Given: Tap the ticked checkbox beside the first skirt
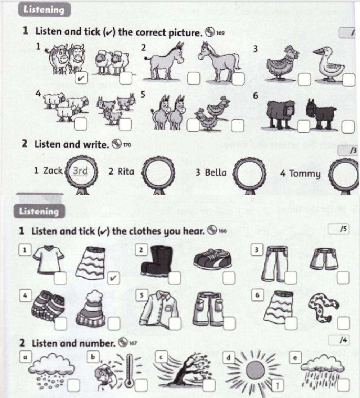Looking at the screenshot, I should click(x=113, y=278).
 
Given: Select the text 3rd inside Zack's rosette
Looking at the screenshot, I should click(x=80, y=171).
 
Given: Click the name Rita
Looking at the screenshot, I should click(x=121, y=172).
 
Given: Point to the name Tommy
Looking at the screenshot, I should click(x=300, y=174).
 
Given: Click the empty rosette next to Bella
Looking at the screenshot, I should click(x=250, y=173).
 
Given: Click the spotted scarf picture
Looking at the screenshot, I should click(x=323, y=305).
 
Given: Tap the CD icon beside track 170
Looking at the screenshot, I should click(x=116, y=145).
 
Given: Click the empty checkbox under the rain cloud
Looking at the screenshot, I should click(x=343, y=385).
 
